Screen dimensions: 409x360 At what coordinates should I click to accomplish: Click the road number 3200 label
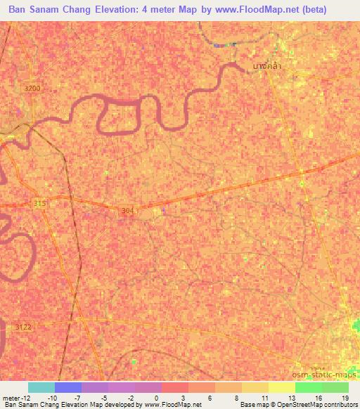coord(32,89)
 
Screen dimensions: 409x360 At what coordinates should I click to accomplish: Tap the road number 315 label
coord(40,203)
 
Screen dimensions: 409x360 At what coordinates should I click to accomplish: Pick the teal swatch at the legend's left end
coord(41,387)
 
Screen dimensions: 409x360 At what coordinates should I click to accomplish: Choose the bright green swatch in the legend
coord(308,387)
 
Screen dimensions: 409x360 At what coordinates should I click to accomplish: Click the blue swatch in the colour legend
coord(67,387)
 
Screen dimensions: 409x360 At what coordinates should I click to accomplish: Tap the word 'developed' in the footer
coord(123,405)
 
